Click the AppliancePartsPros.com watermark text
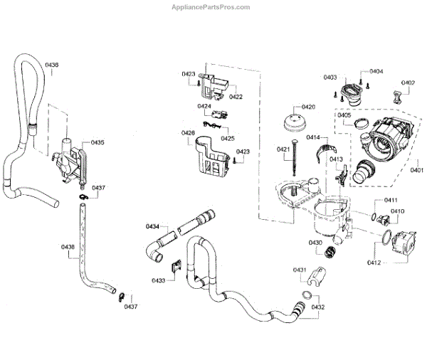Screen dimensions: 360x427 coord(213,7)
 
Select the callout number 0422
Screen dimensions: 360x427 coord(236,96)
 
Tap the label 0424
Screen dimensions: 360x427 coord(204,106)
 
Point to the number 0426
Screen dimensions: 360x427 coord(188,133)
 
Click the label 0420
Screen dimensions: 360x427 coord(307,107)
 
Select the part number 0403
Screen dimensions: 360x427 coord(330,76)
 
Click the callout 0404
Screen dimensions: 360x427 coord(376,71)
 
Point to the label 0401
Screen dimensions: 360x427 coord(416,170)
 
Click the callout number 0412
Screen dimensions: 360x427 coord(374,263)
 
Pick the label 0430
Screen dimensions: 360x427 coord(315,243)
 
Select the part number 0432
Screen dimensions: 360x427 coord(317,307)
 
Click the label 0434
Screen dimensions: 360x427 coord(152,226)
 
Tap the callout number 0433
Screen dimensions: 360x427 coord(158,280)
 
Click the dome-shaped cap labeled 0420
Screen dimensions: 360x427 coord(292,122)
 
